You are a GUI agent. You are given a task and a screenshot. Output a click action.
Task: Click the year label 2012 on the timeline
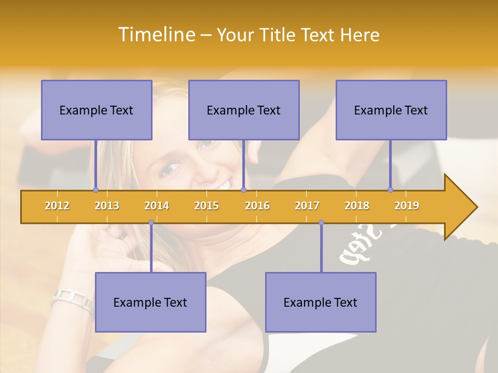(x=57, y=206)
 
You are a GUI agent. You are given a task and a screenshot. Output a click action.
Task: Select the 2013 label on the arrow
(x=107, y=206)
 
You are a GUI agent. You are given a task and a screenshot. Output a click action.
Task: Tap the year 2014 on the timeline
(x=157, y=206)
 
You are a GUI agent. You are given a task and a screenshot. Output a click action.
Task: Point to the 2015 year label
(x=206, y=206)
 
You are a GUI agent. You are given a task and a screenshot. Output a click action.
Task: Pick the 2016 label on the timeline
(x=257, y=206)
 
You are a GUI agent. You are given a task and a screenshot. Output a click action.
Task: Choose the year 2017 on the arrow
(x=307, y=206)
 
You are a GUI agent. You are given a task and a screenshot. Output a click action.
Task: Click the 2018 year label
(x=357, y=206)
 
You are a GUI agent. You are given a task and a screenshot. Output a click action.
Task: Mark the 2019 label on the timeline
(x=407, y=206)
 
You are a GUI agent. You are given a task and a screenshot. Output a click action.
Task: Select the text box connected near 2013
(x=96, y=110)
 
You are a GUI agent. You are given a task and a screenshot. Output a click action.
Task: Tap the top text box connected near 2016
(x=244, y=110)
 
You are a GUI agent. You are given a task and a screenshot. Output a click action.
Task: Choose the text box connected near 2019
(x=391, y=110)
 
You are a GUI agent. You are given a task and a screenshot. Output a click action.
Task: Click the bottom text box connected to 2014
(x=150, y=302)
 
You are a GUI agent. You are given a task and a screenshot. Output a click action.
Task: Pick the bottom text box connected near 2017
(x=321, y=302)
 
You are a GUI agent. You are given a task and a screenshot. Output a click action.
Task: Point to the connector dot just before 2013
(x=95, y=190)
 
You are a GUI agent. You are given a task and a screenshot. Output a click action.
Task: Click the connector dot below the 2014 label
(x=151, y=223)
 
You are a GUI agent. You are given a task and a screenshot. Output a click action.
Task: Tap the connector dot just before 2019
(x=390, y=190)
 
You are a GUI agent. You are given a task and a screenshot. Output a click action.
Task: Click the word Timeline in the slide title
(x=156, y=35)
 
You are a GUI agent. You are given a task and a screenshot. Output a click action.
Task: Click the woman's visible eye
(x=172, y=168)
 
